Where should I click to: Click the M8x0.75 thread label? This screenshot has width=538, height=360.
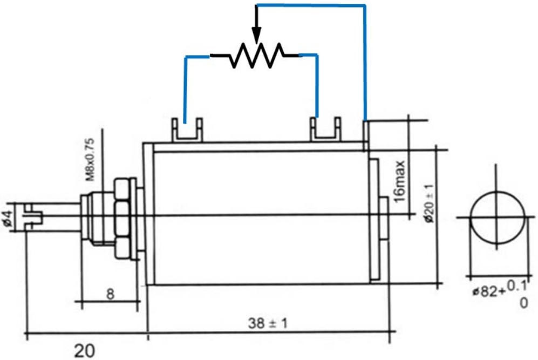91,160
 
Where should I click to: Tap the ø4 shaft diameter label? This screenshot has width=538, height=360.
8,218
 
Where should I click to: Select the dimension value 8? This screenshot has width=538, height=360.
110,295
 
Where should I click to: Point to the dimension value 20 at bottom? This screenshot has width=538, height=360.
84,351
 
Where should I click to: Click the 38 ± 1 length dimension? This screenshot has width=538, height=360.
268,324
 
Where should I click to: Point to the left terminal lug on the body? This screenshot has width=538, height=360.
187,130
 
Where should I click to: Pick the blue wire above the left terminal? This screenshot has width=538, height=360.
186,86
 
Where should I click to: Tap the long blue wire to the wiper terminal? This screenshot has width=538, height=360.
365,59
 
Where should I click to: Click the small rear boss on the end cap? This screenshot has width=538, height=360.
383,218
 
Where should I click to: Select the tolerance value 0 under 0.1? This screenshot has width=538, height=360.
522,303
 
